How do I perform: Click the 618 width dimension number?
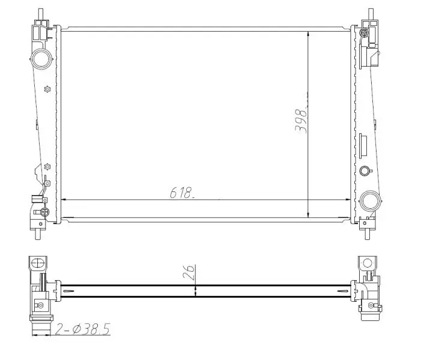181,193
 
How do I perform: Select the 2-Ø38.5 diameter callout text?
83,328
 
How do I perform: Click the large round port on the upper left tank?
41,59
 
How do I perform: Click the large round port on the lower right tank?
371,199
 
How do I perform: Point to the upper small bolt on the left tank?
47,90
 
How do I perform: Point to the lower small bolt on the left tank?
47,167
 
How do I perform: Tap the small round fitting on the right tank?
364,171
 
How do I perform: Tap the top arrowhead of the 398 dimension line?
308,30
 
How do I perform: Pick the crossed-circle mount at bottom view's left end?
37,263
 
